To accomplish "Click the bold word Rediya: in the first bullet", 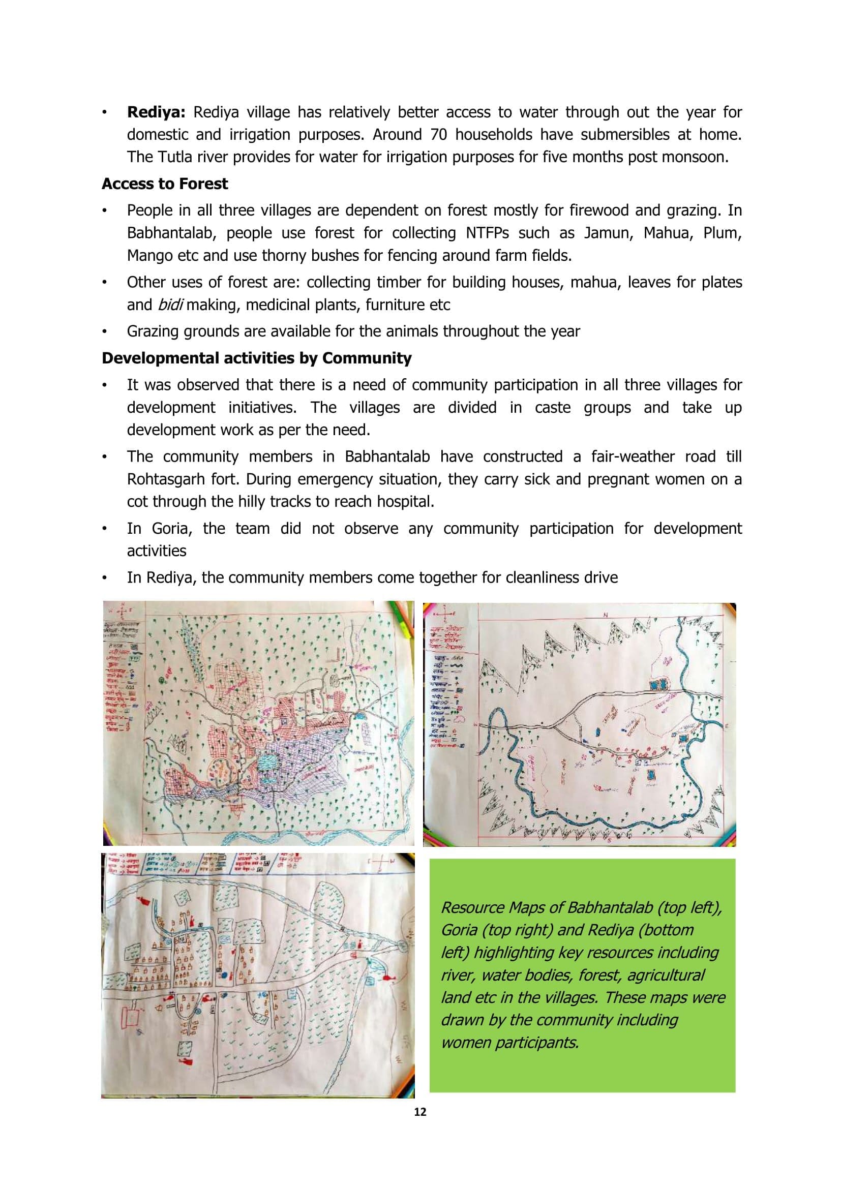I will click(156, 112).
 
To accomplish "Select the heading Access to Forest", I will click(165, 184).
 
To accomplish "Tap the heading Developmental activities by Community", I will click(256, 358).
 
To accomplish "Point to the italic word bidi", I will click(170, 305).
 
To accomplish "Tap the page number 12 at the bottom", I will click(420, 1112).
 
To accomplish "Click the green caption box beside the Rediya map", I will click(582, 979).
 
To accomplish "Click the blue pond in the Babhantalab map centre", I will click(267, 763).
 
